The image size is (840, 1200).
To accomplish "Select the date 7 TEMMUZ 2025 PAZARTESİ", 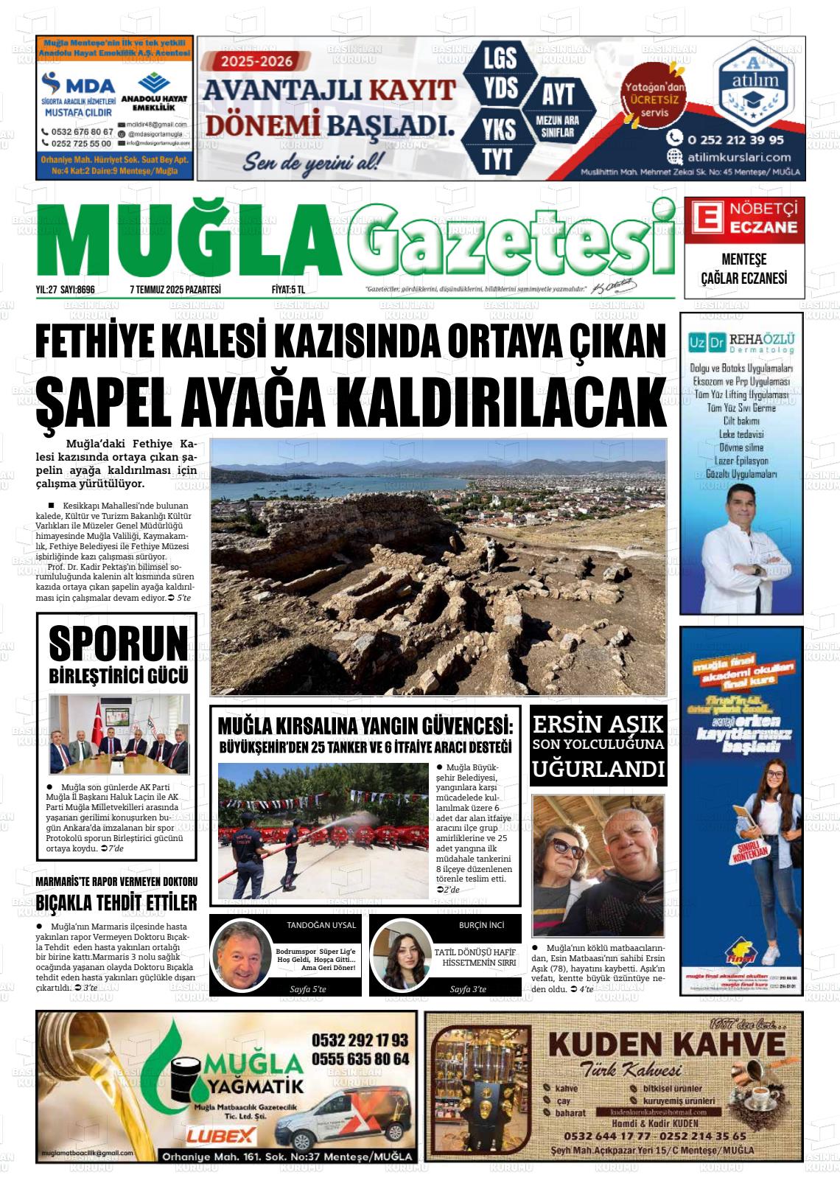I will click(175, 290).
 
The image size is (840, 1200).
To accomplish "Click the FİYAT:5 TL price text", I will click(288, 290).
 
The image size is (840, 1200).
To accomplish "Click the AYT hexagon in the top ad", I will click(558, 94).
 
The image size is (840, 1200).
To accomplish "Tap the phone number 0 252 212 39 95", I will click(735, 139).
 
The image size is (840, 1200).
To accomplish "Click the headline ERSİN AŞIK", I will click(598, 723).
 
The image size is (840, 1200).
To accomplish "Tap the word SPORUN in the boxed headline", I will click(118, 643).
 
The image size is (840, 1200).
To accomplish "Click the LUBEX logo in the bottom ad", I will click(221, 1135).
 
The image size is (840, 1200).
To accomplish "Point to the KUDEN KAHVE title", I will click(667, 1044).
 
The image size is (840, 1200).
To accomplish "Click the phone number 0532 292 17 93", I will click(360, 1040).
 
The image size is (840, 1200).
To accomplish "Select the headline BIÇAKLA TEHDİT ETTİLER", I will click(116, 903).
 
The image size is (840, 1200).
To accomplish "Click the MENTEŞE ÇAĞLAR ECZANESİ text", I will click(743, 269).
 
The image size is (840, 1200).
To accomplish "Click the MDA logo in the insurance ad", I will click(77, 83).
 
